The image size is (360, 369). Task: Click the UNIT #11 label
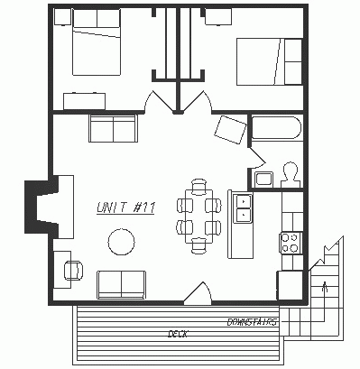[x=125, y=208]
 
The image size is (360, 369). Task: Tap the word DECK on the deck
[x=178, y=334]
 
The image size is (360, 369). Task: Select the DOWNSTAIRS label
[x=252, y=322]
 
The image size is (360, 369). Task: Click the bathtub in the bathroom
[x=276, y=128]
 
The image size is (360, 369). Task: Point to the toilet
[x=291, y=175]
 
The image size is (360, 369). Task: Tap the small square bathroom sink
[x=264, y=180]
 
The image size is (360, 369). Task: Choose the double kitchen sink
[x=243, y=208]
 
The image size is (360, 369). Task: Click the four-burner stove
[x=291, y=243]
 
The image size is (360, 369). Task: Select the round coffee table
[x=121, y=242]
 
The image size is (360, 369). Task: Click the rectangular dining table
[x=198, y=217]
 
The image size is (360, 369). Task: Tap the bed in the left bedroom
[x=97, y=42]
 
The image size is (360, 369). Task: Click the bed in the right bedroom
[x=270, y=61]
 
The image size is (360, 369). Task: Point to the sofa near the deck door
[x=121, y=284]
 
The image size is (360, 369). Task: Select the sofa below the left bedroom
[x=113, y=128]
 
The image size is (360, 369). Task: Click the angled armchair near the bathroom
[x=230, y=130]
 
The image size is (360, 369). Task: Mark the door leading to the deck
[x=198, y=293]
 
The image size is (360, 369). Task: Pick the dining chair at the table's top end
[x=198, y=186]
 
